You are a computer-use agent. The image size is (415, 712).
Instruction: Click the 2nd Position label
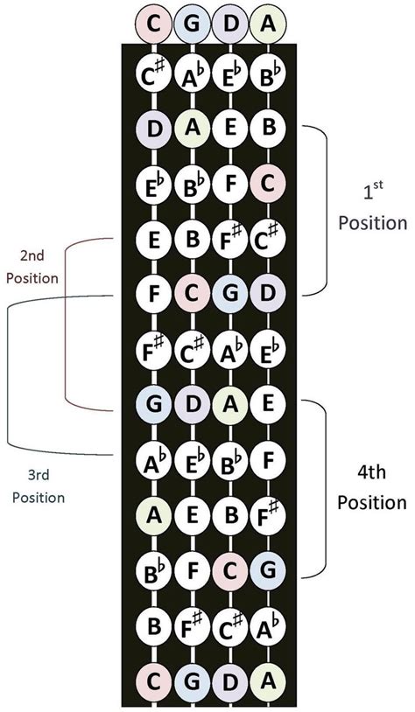pos(32,268)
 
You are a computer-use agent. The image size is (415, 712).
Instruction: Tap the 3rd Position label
pos(39,486)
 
